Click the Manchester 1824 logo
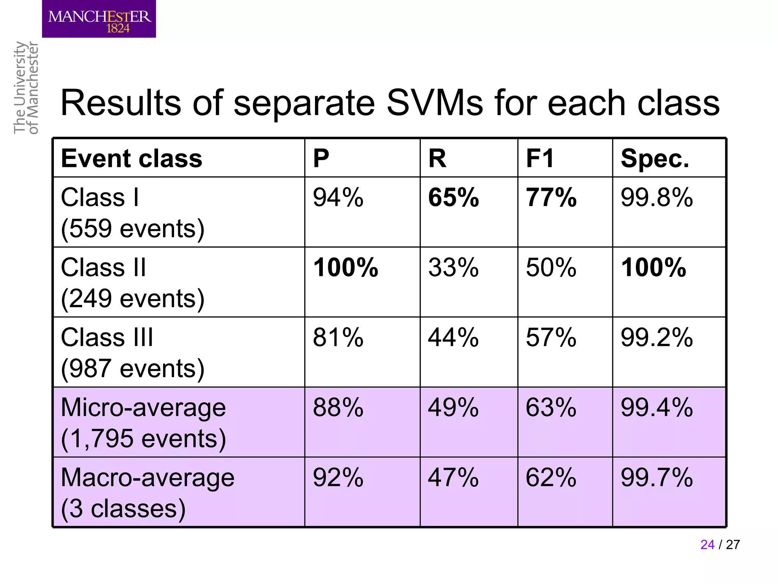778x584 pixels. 99,19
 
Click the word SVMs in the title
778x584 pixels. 435,103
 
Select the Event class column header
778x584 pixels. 131,158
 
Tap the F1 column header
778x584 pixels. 540,158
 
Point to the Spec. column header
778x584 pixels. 655,158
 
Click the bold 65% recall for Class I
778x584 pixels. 453,198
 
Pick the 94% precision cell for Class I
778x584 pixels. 338,198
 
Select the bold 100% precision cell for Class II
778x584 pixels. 345,268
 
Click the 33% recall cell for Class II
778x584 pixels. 453,268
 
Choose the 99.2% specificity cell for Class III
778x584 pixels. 656,338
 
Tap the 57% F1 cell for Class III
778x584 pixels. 551,338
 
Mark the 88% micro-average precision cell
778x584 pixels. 338,408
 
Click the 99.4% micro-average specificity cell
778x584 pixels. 656,408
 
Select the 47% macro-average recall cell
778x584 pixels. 453,478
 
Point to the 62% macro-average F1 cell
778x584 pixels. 551,478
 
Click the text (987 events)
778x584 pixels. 133,368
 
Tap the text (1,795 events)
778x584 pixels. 143,438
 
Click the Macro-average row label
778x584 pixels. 147,478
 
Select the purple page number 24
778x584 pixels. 707,544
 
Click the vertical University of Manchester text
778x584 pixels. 26,88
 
